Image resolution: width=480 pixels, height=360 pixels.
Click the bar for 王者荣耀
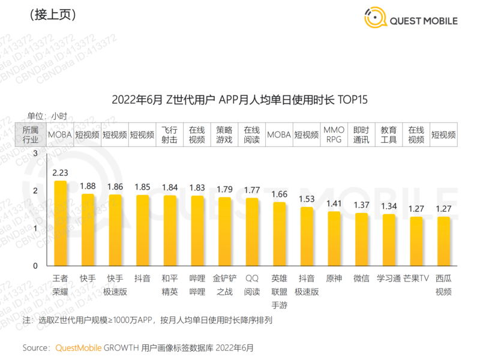61,223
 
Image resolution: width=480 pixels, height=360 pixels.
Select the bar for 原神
334,238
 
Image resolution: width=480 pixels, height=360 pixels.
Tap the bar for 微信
361,239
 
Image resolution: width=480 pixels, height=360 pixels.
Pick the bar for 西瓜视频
443,241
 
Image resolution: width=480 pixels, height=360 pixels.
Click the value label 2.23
60,173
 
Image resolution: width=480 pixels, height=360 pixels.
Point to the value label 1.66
279,194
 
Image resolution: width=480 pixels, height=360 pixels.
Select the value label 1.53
307,199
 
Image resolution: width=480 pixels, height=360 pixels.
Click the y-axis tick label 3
35,154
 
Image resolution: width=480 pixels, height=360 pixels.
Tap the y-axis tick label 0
35,266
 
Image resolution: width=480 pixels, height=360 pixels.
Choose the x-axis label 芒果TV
416,278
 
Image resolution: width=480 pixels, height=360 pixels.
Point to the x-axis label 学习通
389,278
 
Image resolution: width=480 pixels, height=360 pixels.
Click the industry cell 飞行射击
170,135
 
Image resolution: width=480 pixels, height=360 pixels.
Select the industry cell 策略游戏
224,135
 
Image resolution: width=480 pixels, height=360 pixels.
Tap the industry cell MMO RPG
334,135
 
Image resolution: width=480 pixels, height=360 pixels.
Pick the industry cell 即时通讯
361,135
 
